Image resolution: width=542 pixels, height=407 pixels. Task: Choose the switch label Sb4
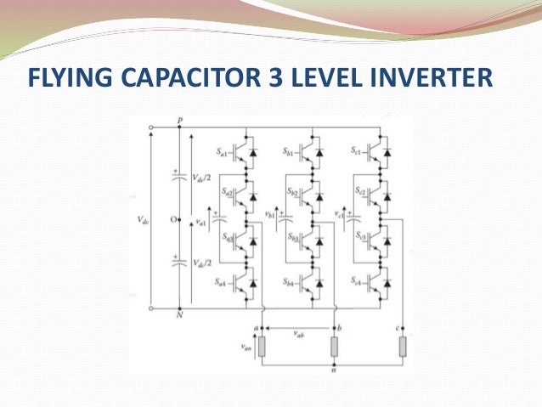point(290,281)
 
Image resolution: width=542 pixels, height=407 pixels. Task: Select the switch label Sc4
point(359,281)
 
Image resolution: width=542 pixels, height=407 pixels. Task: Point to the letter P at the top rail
point(179,121)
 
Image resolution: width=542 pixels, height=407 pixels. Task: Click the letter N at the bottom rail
point(179,316)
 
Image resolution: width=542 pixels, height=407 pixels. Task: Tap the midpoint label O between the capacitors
point(172,219)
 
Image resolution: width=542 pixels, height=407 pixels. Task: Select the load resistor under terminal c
point(403,347)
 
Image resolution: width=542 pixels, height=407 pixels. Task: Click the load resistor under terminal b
point(334,347)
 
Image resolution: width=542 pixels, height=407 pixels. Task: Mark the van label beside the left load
point(246,347)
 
